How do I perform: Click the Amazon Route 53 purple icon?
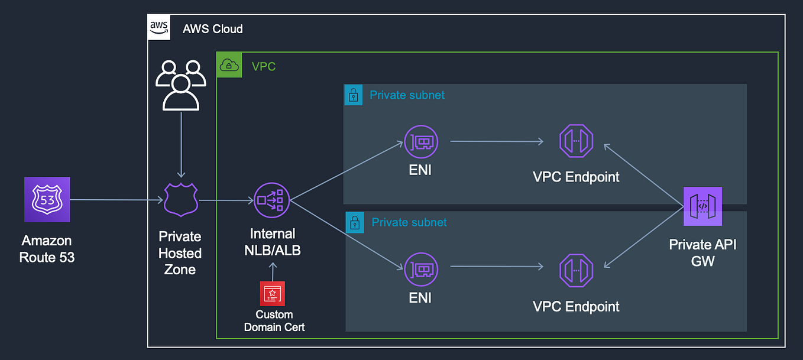tap(47, 200)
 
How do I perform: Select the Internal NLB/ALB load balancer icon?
tap(272, 200)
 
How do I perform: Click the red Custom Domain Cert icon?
tap(272, 293)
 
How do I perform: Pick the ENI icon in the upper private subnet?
tap(420, 141)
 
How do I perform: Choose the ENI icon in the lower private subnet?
tap(420, 267)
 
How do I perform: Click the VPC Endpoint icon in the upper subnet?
tap(576, 141)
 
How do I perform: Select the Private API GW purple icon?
tap(702, 206)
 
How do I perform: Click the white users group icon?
tap(181, 85)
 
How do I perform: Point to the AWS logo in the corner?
tap(159, 28)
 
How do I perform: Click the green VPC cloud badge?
tap(229, 65)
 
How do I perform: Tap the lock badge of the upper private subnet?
tap(354, 95)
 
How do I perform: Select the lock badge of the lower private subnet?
tap(355, 223)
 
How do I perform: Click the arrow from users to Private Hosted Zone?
tap(182, 148)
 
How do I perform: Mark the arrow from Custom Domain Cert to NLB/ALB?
tap(273, 271)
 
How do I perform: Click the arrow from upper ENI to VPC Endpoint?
tap(497, 141)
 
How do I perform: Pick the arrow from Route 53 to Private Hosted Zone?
tap(116, 200)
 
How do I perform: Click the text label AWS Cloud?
tap(213, 28)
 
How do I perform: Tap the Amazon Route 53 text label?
tap(47, 249)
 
